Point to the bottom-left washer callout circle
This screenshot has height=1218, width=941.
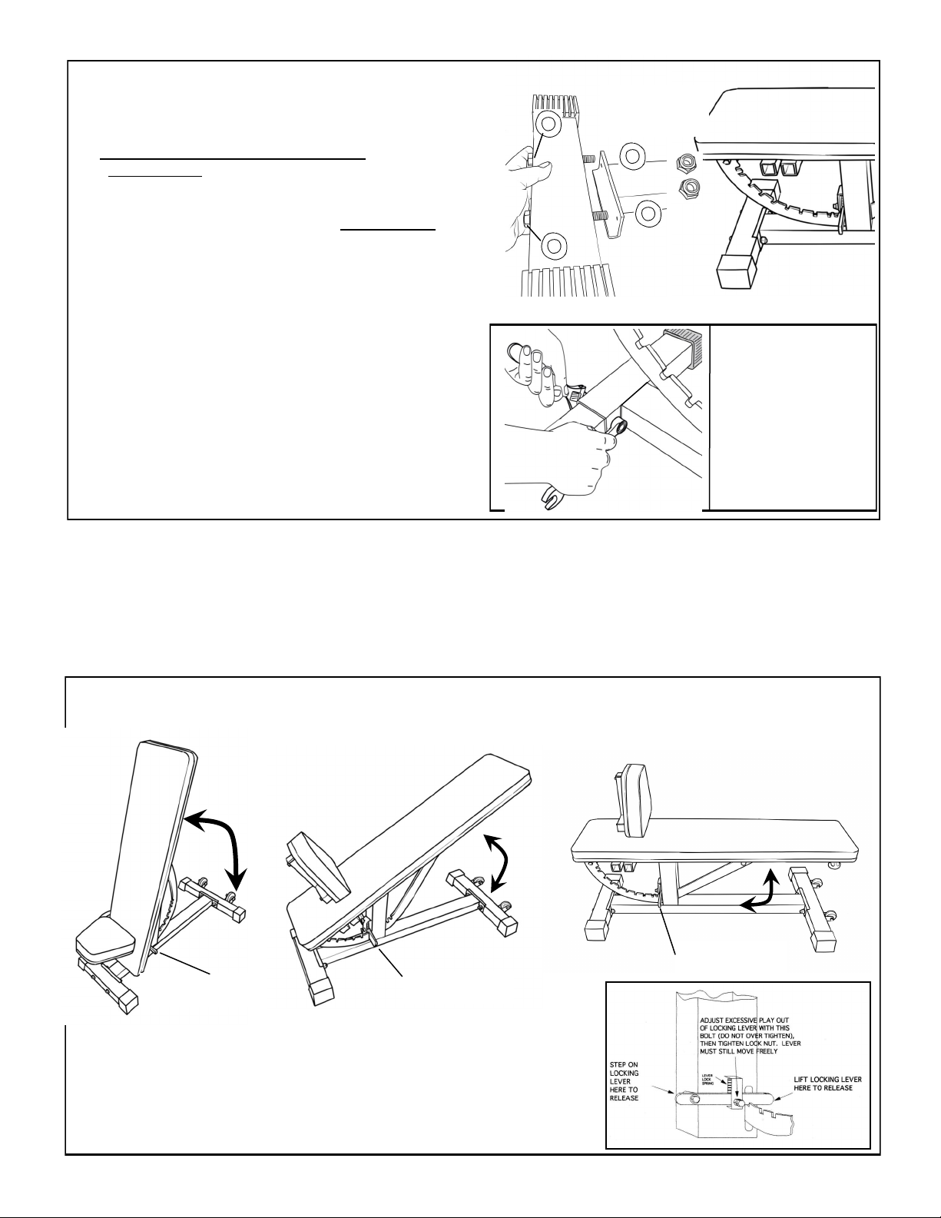click(x=553, y=248)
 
